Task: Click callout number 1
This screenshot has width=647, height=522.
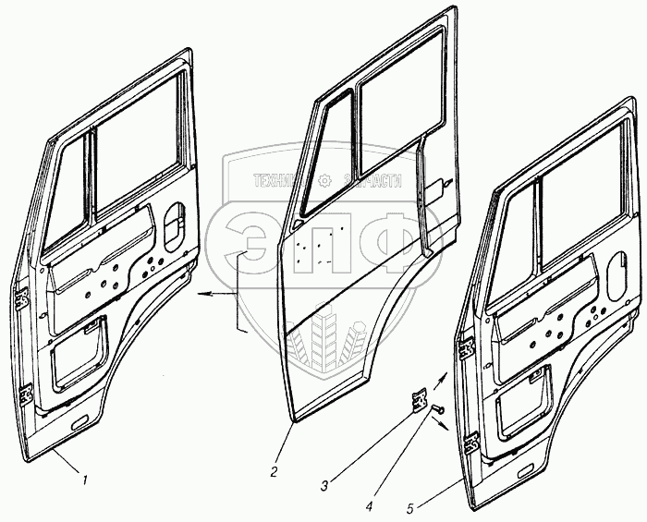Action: pos(85,480)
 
